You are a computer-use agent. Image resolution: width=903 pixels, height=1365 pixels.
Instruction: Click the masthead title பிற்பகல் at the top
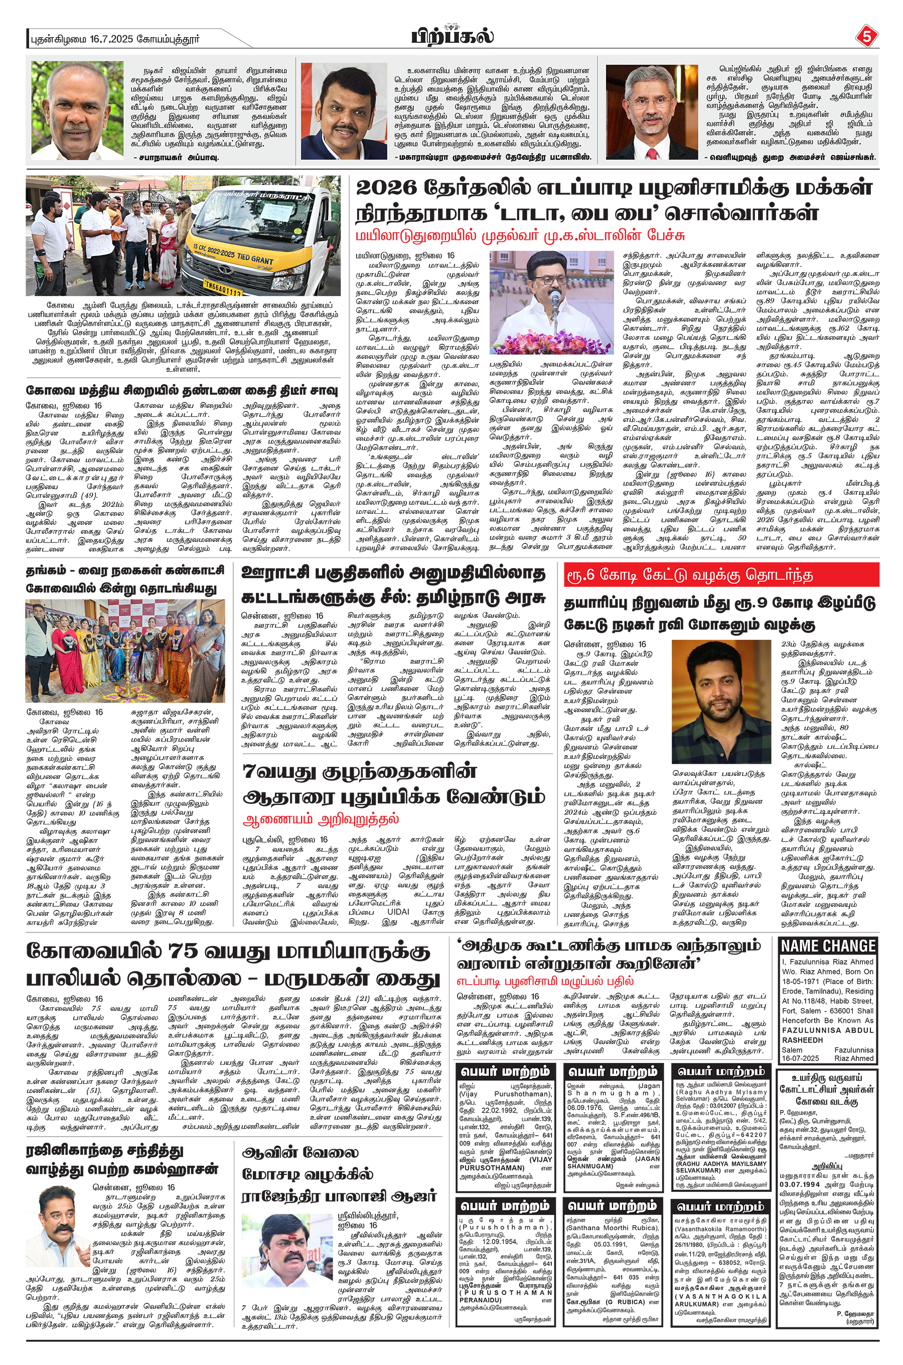[452, 36]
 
